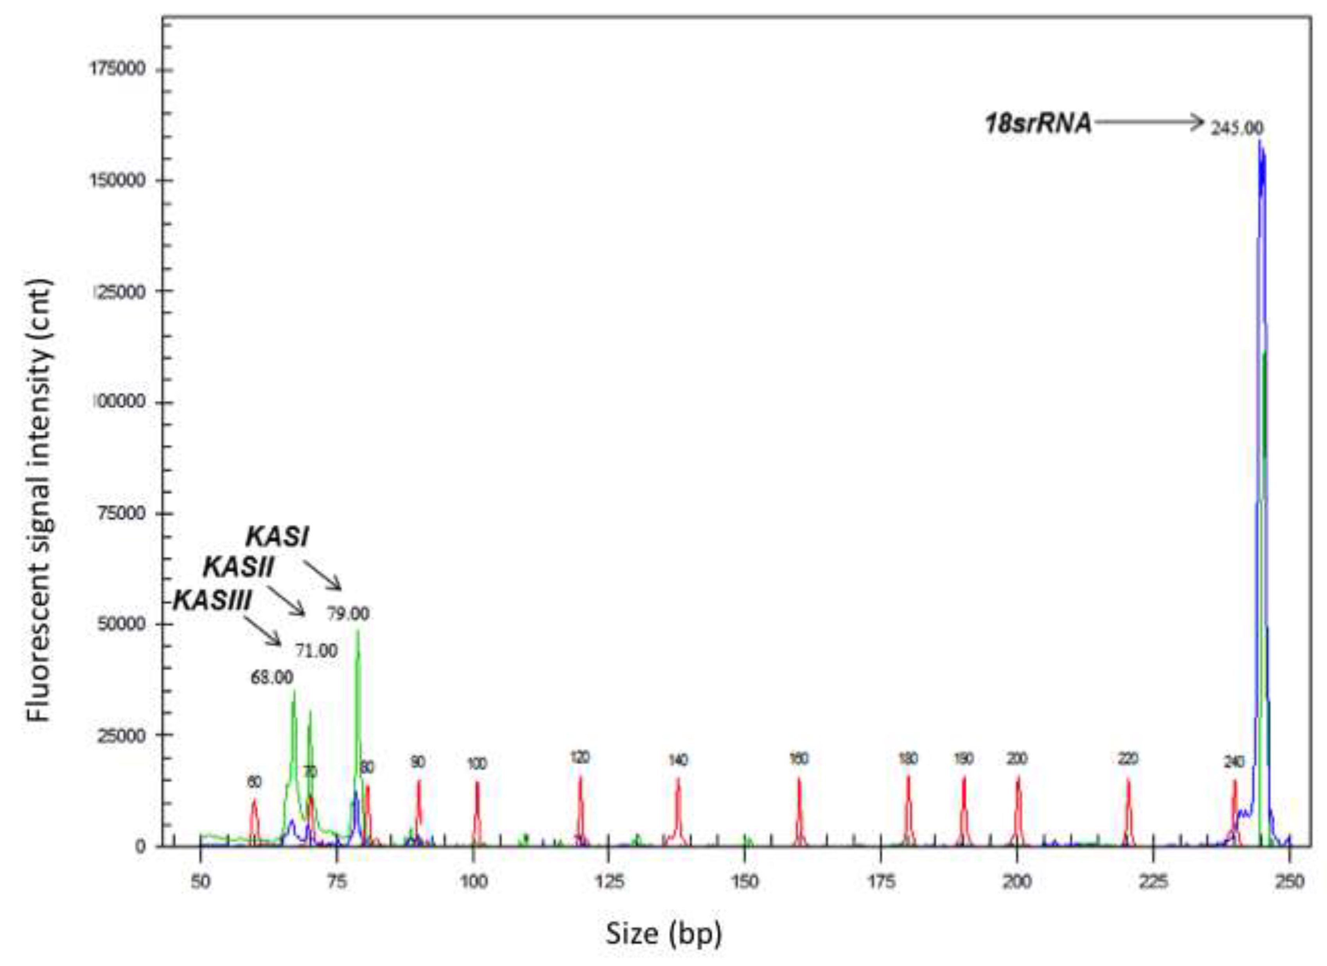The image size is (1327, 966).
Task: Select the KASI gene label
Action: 277,537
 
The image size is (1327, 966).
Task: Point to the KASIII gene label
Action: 212,600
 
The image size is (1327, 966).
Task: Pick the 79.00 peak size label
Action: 348,614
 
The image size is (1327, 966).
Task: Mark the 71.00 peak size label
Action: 316,651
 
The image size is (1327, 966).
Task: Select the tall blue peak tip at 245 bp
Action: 1260,142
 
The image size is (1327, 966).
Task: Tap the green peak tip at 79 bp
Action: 358,631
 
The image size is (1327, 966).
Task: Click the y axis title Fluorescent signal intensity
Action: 40,500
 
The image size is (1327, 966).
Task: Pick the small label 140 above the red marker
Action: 677,760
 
